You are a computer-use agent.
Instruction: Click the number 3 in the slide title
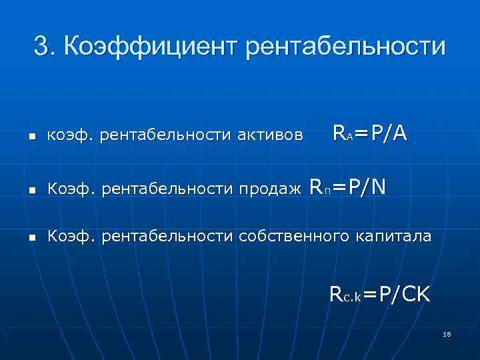(x=41, y=47)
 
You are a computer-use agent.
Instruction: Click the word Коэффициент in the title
(x=145, y=47)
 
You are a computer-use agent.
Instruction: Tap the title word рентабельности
(x=346, y=47)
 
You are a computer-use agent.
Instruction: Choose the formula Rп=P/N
(x=347, y=187)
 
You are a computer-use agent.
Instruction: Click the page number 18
(x=447, y=335)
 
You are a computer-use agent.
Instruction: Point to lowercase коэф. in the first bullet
(x=71, y=137)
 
